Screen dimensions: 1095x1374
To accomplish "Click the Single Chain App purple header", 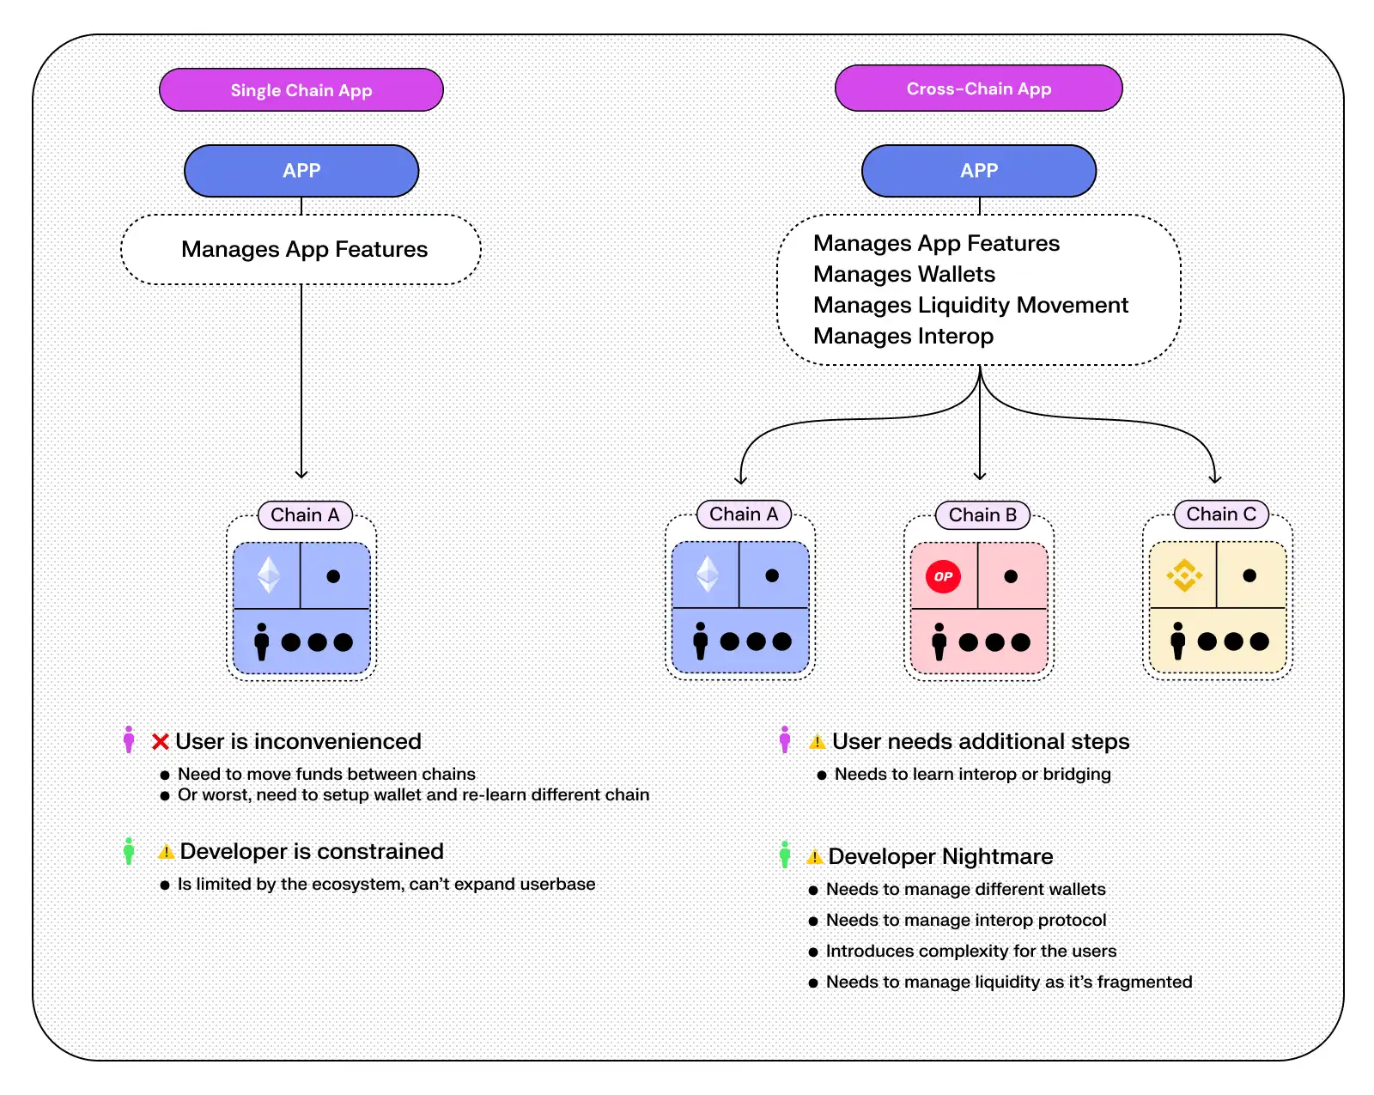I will point(301,90).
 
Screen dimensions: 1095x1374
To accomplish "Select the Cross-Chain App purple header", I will point(978,88).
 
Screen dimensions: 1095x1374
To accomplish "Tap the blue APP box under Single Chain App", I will point(301,171).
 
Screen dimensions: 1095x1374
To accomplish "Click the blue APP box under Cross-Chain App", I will point(979,171).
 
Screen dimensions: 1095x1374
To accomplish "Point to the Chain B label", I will point(982,515).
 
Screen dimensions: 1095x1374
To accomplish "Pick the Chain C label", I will point(1221,514).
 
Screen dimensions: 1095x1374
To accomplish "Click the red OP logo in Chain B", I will point(943,576).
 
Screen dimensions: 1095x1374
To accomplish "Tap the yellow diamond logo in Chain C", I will point(1183,575).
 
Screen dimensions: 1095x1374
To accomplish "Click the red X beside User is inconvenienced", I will point(161,742).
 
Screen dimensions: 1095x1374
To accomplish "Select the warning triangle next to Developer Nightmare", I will point(815,857).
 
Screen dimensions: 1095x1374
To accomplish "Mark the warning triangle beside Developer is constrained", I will point(167,852).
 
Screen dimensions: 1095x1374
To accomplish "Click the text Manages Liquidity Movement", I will point(970,305).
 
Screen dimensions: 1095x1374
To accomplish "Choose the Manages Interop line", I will point(903,336).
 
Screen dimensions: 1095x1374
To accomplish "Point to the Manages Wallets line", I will point(904,274).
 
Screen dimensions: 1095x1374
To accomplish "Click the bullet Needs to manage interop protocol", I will point(965,921).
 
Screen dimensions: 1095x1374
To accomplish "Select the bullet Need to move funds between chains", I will point(325,775).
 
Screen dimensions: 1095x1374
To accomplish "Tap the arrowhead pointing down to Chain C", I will point(1214,478).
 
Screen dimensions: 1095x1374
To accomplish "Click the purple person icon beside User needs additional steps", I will point(785,739).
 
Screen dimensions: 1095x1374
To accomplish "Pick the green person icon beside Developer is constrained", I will point(129,851).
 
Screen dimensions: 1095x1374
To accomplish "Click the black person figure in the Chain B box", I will point(939,642).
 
